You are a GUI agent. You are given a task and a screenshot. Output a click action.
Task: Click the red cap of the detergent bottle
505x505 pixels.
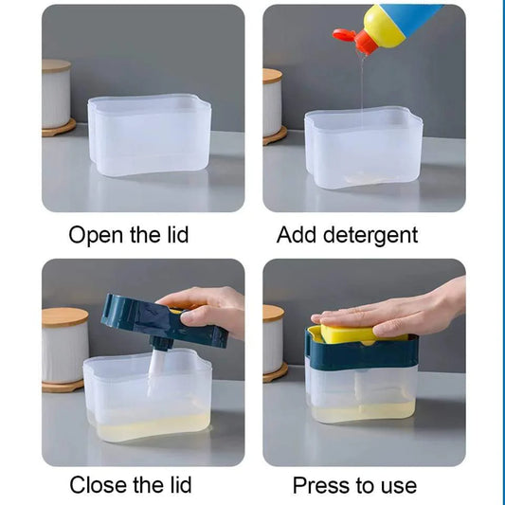[x=347, y=37]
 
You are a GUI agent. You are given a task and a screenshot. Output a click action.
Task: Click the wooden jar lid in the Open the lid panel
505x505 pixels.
[x=56, y=66]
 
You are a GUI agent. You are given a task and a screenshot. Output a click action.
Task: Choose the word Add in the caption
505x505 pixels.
[x=296, y=235]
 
